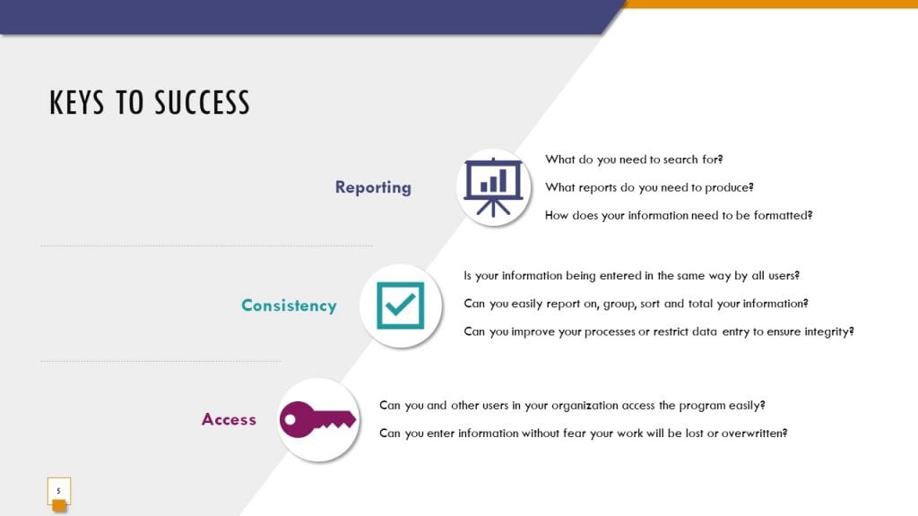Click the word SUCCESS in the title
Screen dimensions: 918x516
[203, 102]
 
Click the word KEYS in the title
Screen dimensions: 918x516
[77, 102]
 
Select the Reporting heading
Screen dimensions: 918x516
[373, 187]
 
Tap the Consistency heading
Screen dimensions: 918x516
[289, 305]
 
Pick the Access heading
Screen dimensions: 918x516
[229, 419]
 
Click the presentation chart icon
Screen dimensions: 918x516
[493, 187]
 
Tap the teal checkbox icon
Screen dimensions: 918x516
[401, 305]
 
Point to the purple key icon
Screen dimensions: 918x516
[317, 419]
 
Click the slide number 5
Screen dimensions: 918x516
[58, 491]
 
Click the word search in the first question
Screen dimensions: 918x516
[680, 159]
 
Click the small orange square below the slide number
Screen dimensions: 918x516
[59, 506]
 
